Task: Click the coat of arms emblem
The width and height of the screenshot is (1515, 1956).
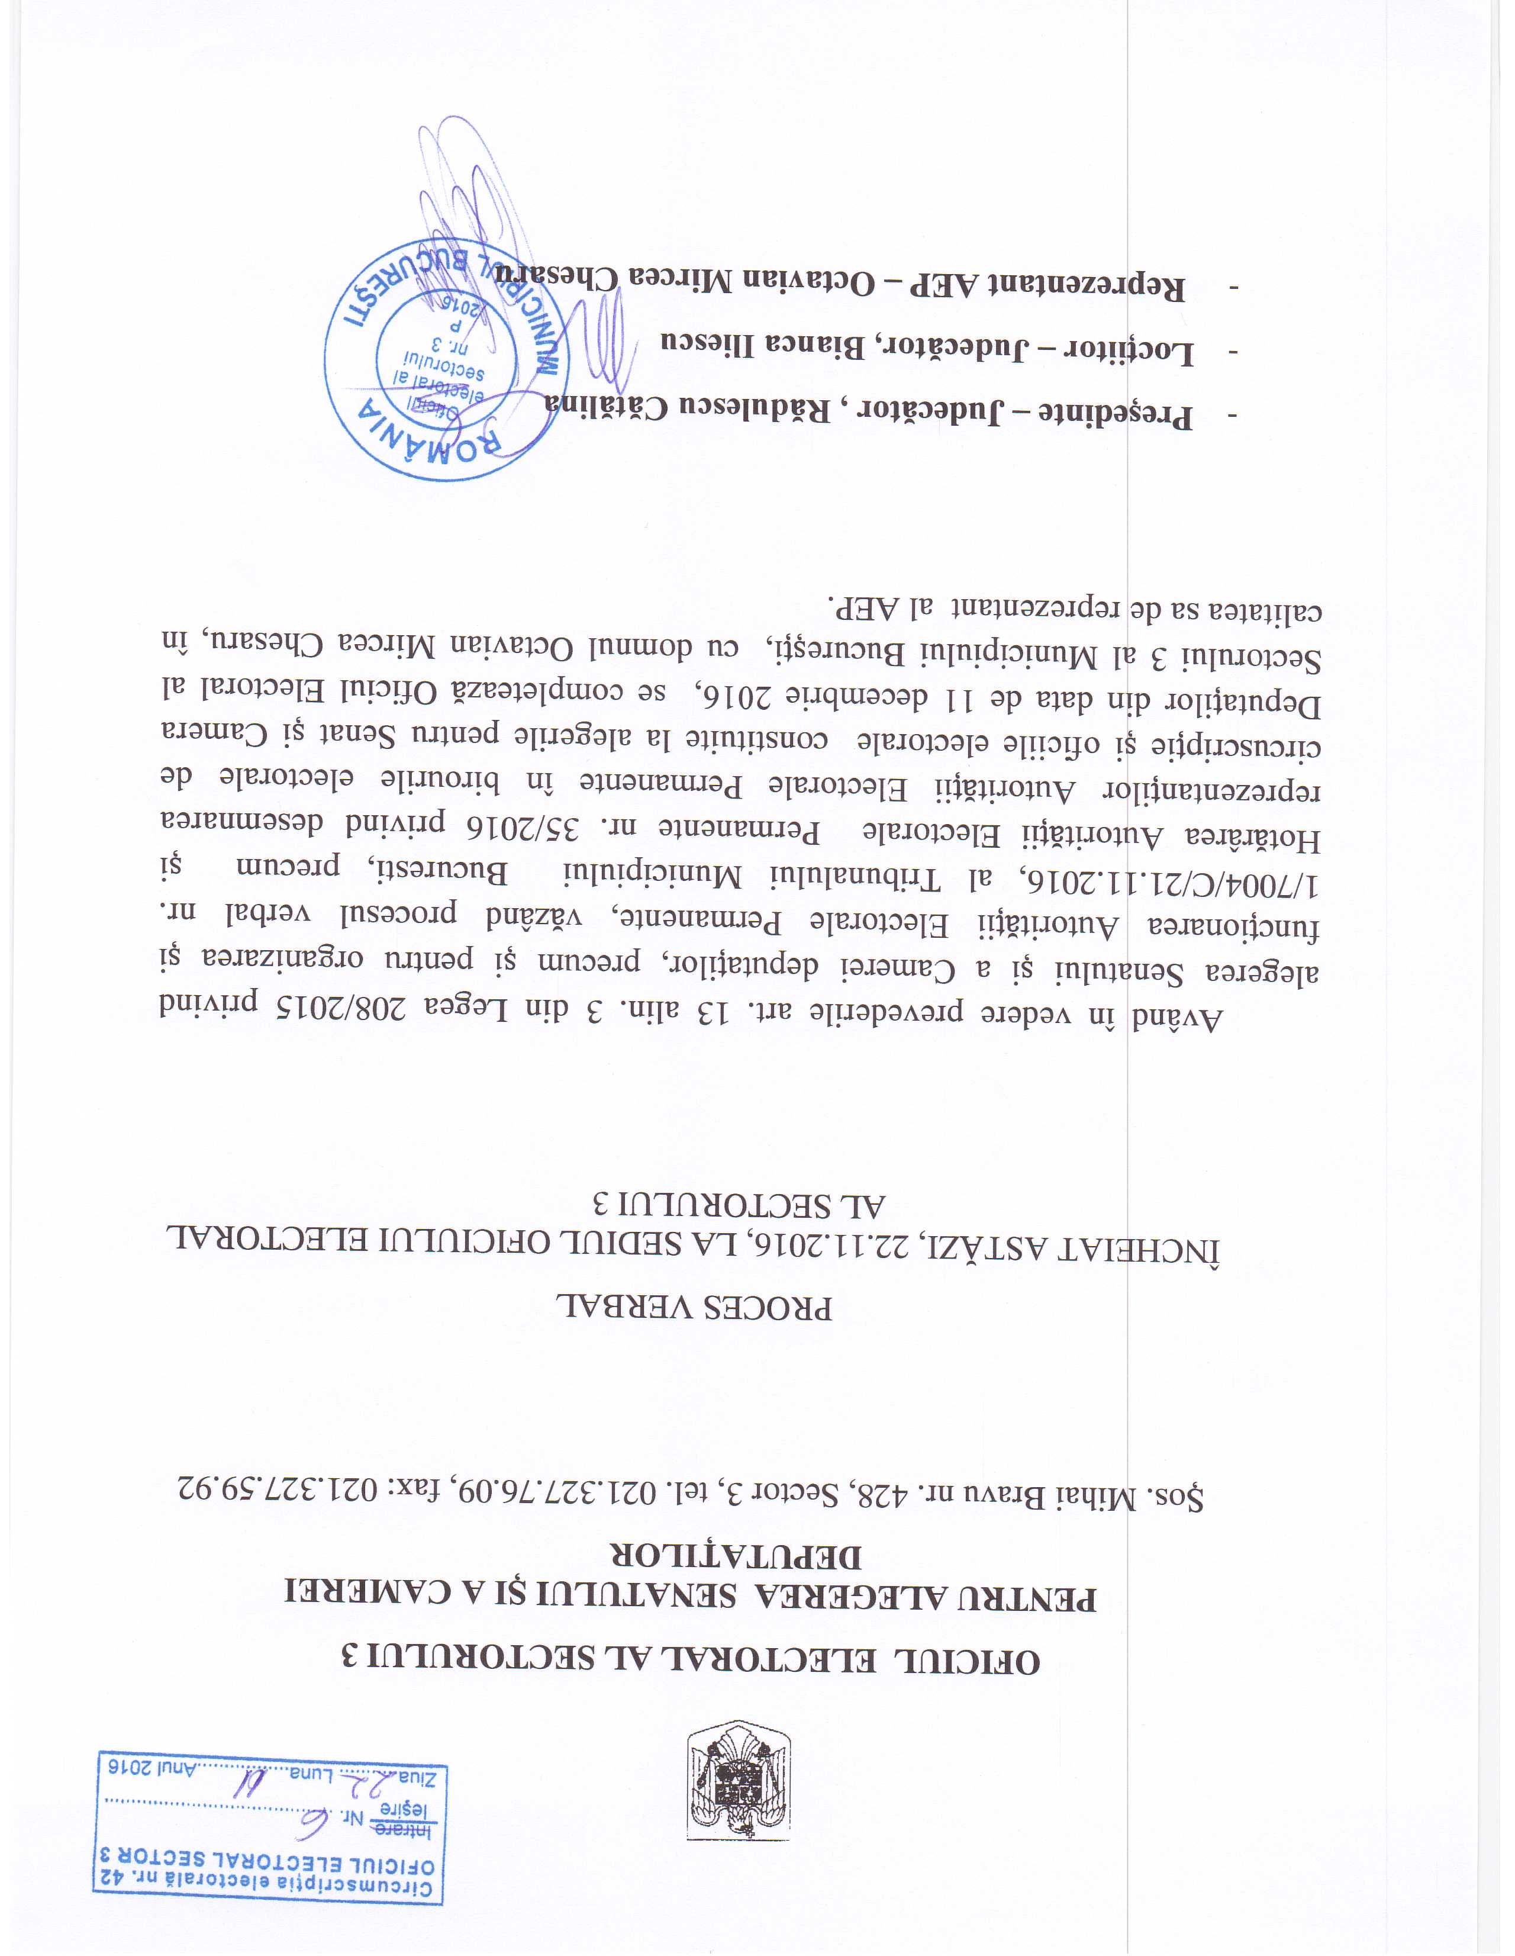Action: pos(739,1780)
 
